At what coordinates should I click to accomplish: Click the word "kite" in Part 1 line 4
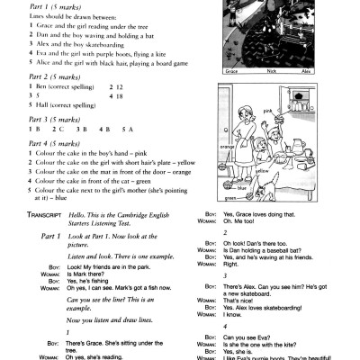click(133, 53)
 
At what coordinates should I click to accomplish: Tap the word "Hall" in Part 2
click(26, 105)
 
